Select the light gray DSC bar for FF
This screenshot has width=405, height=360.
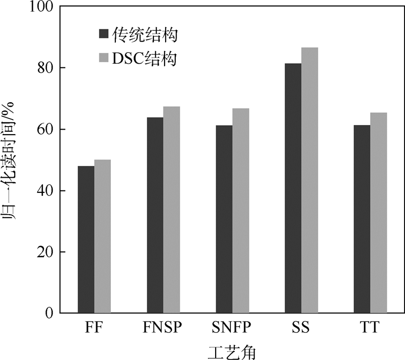[102, 236]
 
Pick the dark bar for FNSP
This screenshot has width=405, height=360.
[155, 215]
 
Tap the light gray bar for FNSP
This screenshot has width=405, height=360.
[172, 210]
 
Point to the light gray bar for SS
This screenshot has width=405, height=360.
[309, 180]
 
